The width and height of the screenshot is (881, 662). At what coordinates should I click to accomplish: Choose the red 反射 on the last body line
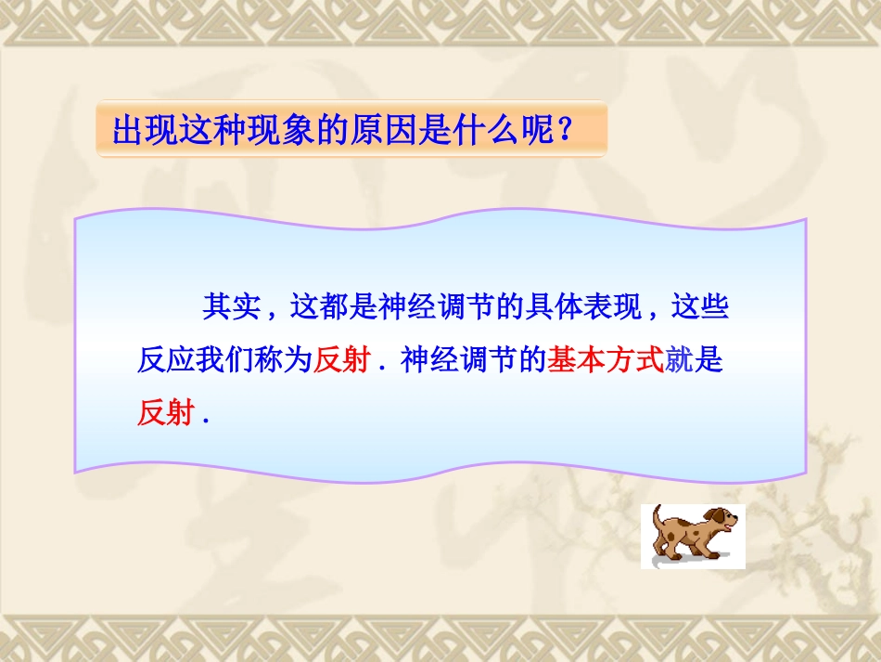tap(166, 413)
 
